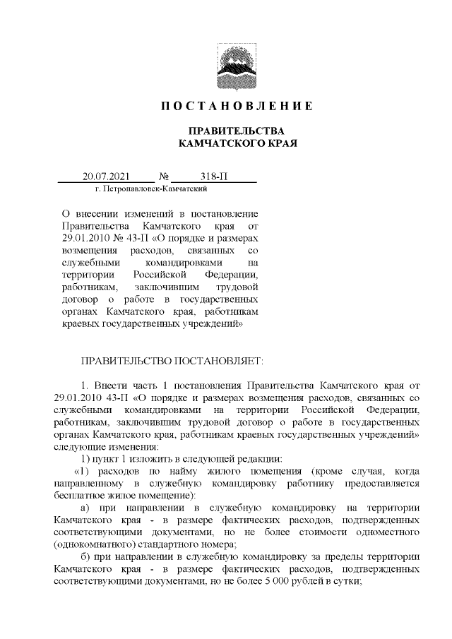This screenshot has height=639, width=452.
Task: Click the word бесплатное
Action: click(82, 496)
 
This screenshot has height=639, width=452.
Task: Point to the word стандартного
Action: click(176, 544)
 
